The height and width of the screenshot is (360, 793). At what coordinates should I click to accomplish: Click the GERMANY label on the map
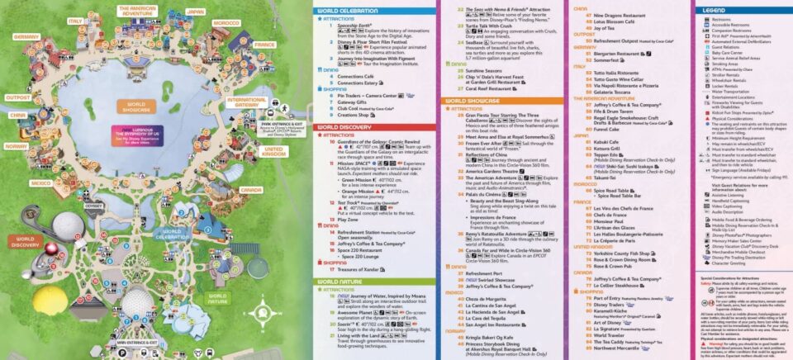point(26,37)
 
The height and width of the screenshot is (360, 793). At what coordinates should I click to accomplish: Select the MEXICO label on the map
point(40,182)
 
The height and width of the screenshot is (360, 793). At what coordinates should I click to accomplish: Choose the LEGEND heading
point(714,9)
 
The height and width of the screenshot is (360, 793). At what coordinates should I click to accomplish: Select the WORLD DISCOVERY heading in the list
point(347,126)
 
